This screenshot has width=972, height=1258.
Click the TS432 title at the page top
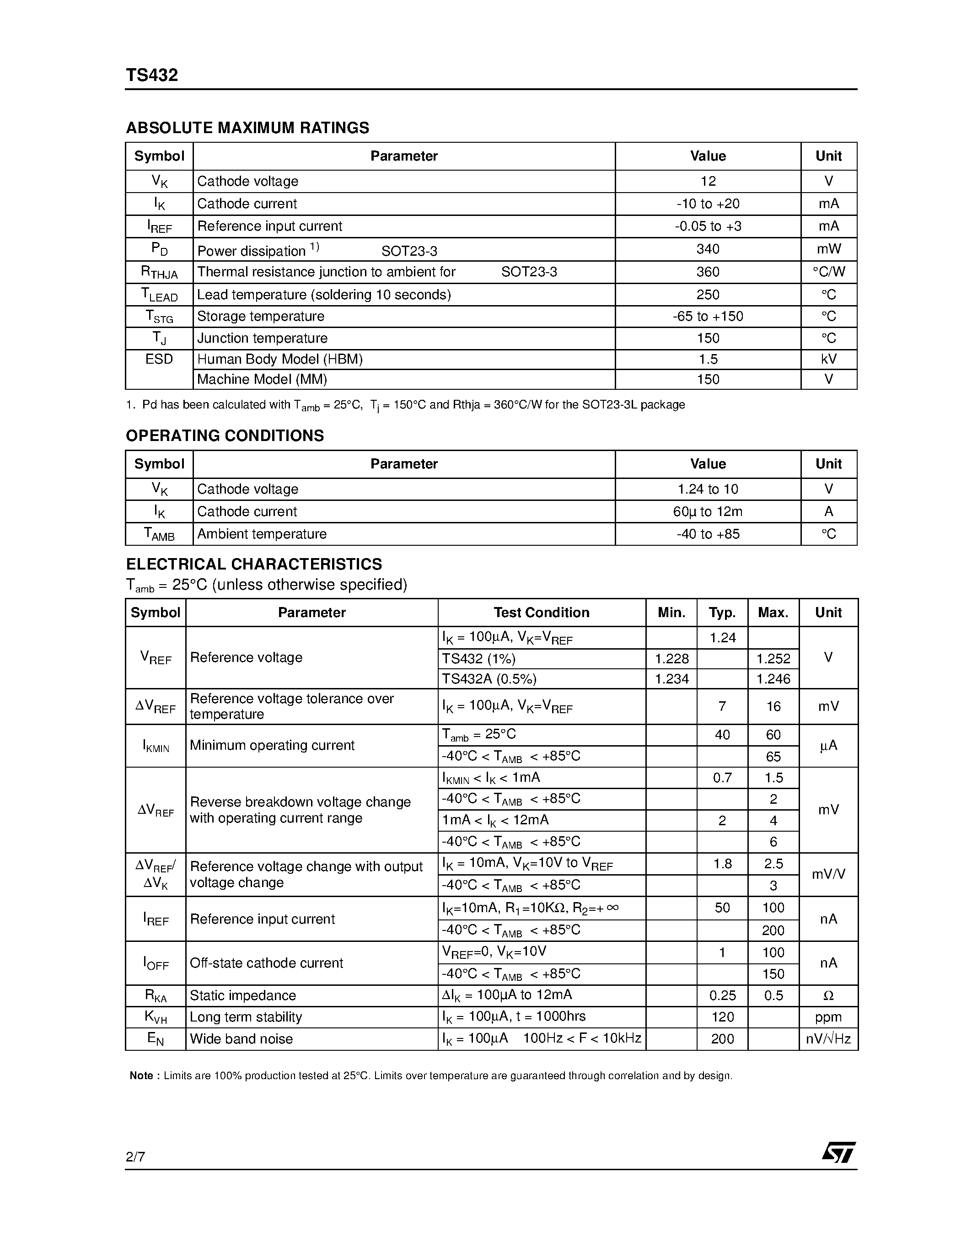click(x=152, y=75)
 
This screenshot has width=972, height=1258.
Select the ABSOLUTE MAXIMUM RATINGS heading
click(x=247, y=128)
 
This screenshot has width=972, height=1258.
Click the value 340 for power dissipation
click(x=708, y=249)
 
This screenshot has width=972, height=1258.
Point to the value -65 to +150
click(x=708, y=316)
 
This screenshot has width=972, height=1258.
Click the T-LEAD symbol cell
click(x=159, y=295)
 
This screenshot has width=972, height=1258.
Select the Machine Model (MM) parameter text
click(x=262, y=380)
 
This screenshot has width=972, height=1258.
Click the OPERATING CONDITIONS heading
click(x=225, y=435)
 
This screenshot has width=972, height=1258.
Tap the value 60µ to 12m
click(x=708, y=511)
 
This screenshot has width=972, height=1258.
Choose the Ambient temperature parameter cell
click(x=262, y=534)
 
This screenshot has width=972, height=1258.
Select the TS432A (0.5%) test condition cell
click(x=489, y=679)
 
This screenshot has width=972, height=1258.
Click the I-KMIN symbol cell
click(x=156, y=746)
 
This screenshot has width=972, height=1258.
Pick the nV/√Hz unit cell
click(x=828, y=1039)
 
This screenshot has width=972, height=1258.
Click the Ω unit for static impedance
click(x=828, y=995)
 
